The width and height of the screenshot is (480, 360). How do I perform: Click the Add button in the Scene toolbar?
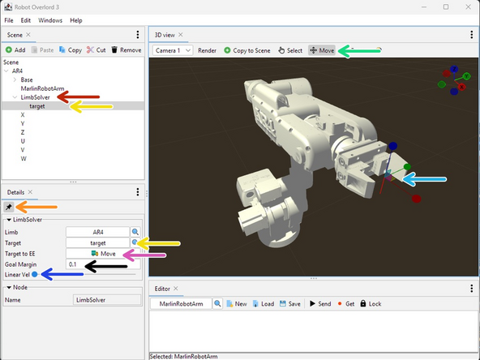pyautogui.click(x=15, y=50)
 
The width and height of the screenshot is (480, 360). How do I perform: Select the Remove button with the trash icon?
pyautogui.click(x=126, y=50)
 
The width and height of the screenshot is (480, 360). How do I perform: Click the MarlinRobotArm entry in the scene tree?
pyautogui.click(x=42, y=88)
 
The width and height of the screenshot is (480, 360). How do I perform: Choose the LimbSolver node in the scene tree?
pyautogui.click(x=35, y=97)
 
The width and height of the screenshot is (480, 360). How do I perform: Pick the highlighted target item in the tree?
pyautogui.click(x=37, y=106)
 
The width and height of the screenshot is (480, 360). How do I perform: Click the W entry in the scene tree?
pyautogui.click(x=24, y=159)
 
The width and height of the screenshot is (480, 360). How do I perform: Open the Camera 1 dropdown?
pyautogui.click(x=173, y=50)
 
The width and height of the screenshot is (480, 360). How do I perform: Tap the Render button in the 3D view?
pyautogui.click(x=208, y=50)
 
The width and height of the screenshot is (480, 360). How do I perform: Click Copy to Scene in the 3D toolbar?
pyautogui.click(x=247, y=50)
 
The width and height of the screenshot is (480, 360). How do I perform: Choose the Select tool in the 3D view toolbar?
pyautogui.click(x=290, y=50)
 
